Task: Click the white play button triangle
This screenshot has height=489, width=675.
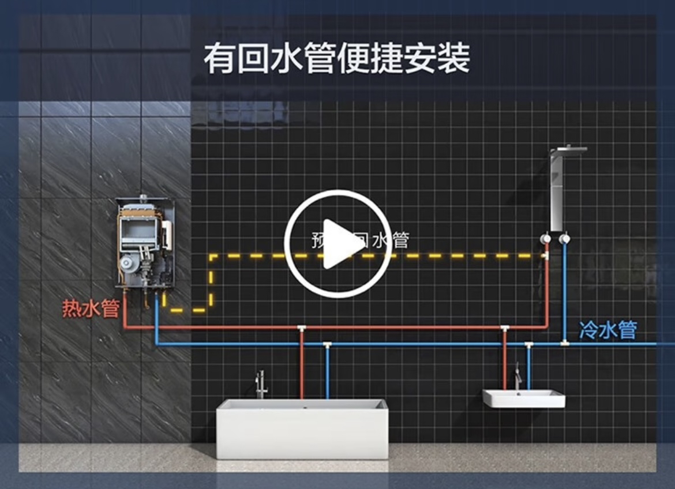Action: pos(340,244)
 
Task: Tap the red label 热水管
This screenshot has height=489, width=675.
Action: pos(91,309)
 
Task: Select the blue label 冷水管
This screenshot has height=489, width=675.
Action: pos(607,330)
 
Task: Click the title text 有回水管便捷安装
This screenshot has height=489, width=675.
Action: pos(337,58)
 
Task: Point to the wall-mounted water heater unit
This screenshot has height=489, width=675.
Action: pos(145,242)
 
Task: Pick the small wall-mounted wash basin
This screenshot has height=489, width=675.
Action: pos(523,398)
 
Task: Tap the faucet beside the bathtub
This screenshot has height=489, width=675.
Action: pos(261,385)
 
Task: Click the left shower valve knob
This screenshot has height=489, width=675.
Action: pos(545,239)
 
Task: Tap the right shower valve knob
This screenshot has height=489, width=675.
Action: pos(565,239)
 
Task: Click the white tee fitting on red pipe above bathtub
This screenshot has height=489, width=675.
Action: pos(301,329)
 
